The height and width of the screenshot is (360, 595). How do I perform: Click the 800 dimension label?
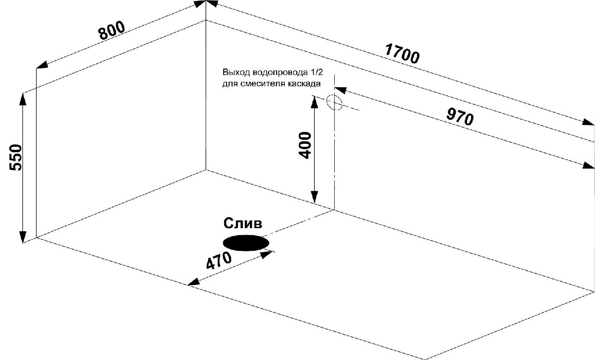(x=112, y=30)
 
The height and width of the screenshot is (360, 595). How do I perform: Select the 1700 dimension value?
(x=402, y=54)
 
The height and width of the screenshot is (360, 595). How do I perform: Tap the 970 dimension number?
(x=460, y=117)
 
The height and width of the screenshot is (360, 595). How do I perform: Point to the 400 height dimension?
(x=305, y=145)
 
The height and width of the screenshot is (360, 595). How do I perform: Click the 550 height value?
(x=15, y=157)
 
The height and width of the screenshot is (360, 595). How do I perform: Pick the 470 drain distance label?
(x=219, y=260)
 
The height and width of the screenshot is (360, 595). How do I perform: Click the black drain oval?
(x=246, y=243)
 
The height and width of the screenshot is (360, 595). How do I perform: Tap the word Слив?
(x=243, y=224)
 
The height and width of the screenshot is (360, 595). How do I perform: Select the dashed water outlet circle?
(x=334, y=102)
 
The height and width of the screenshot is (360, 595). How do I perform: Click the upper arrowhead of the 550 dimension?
(x=23, y=99)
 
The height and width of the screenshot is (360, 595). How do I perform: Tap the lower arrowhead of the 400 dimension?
(x=314, y=197)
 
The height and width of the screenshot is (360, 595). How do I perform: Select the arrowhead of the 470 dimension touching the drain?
(x=267, y=254)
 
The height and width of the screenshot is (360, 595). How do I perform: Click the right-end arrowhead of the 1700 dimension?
(x=588, y=122)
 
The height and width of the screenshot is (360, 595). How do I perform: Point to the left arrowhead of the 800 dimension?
(x=42, y=65)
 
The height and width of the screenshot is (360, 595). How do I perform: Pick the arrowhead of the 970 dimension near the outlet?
(x=340, y=90)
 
